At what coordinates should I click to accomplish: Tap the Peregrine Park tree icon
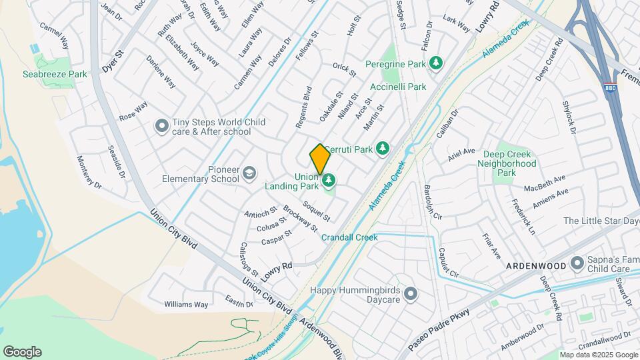pyautogui.click(x=436, y=63)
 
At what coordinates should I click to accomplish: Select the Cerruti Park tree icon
pyautogui.click(x=382, y=148)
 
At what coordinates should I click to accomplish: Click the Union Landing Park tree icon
pyautogui.click(x=328, y=180)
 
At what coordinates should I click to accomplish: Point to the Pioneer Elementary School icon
pyautogui.click(x=249, y=173)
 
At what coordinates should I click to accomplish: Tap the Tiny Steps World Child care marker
pyautogui.click(x=161, y=125)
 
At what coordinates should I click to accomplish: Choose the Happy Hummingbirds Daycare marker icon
pyautogui.click(x=410, y=293)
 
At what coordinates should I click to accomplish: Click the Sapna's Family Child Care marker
pyautogui.click(x=577, y=265)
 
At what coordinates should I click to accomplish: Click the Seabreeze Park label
pyautogui.click(x=54, y=75)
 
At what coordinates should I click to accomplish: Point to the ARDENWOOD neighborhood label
pyautogui.click(x=535, y=265)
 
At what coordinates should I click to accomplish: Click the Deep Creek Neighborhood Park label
pyautogui.click(x=507, y=163)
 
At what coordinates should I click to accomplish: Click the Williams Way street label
pyautogui.click(x=186, y=305)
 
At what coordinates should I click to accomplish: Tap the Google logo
pyautogui.click(x=22, y=352)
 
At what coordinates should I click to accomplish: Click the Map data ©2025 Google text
pyautogui.click(x=598, y=355)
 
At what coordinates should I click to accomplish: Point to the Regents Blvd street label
pyautogui.click(x=304, y=107)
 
